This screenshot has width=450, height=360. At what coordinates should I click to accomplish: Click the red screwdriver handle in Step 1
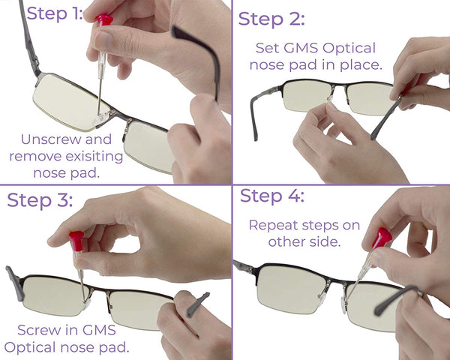pyautogui.click(x=104, y=19)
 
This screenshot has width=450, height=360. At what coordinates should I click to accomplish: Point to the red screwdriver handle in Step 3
pyautogui.click(x=75, y=241)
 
